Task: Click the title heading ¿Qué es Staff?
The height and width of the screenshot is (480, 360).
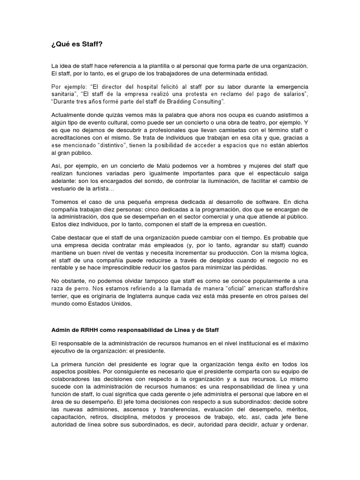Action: click(76, 44)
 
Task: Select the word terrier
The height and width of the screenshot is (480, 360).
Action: click(60, 296)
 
